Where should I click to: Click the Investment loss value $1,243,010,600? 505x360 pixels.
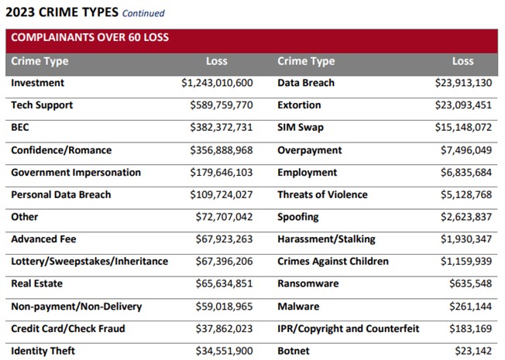(217, 83)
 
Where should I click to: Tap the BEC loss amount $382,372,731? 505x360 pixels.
(221, 128)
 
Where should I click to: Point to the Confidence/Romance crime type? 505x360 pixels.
(61, 150)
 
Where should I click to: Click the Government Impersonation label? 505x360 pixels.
(76, 173)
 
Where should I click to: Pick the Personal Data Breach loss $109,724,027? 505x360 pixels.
(221, 195)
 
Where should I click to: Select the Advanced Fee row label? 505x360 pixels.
(43, 239)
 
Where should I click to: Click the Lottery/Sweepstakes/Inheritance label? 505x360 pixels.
(89, 262)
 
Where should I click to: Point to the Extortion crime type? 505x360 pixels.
(299, 105)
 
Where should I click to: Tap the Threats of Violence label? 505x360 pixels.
(322, 195)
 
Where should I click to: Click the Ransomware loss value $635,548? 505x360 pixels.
(472, 284)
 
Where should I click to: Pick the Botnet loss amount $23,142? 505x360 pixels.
(476, 351)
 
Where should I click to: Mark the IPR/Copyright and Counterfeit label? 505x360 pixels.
(348, 329)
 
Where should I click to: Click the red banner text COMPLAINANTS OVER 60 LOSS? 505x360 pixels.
(90, 37)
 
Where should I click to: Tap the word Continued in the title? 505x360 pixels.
(143, 13)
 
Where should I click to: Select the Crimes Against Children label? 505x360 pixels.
(333, 262)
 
